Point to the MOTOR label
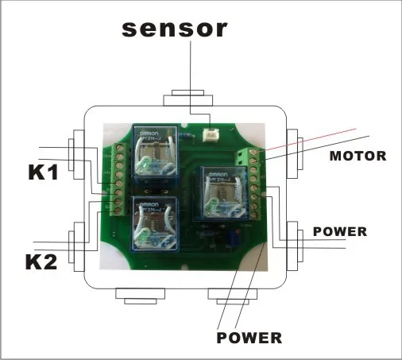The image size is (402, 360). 358,157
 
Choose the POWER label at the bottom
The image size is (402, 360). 249,337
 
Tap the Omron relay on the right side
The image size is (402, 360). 226,194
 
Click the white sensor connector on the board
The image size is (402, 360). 212,136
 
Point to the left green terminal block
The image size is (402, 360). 119,179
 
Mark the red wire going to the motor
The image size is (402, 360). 318,138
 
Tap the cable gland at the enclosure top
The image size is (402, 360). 190,101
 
